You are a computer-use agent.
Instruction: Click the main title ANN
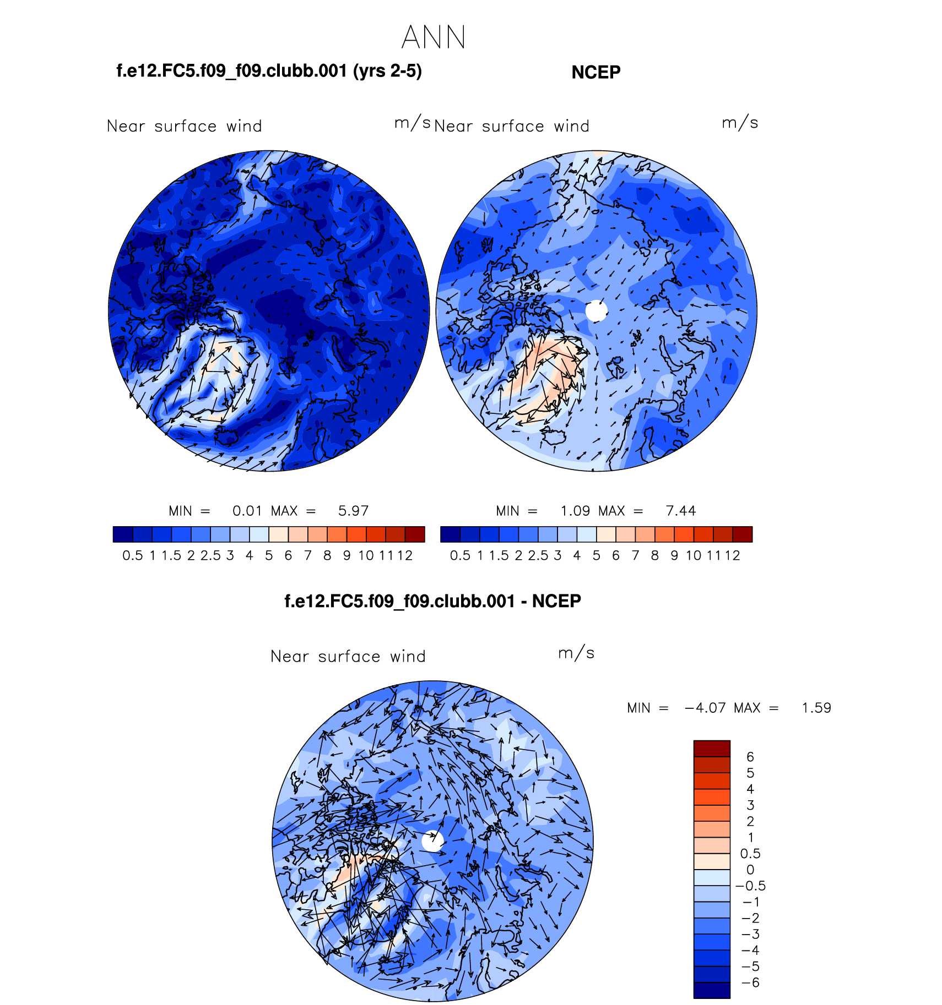coord(434,37)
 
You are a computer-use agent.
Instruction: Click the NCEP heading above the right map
coord(595,72)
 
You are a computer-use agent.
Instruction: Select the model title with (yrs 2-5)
coord(269,71)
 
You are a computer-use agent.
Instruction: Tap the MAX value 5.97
coord(353,511)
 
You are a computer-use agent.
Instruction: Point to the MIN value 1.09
coord(575,511)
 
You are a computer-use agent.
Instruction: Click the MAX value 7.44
coord(681,511)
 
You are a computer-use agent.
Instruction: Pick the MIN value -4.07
coord(705,708)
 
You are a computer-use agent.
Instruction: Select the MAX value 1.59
coord(816,708)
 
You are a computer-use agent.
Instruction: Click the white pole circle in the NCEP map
coord(596,311)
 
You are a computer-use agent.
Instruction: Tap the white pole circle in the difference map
coord(432,841)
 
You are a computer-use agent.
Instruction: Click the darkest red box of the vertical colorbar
coord(712,749)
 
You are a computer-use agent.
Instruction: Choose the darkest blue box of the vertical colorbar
coord(712,990)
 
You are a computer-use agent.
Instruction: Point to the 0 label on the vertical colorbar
coord(750,870)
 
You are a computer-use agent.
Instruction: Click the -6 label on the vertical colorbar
coord(750,982)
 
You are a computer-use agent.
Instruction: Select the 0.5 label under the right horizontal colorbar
coord(460,555)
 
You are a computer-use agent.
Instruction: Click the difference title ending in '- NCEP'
coord(432,601)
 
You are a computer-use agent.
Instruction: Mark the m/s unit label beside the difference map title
coord(576,653)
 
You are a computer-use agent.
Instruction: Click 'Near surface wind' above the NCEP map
coord(512,127)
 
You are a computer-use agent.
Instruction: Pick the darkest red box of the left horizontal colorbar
coord(415,534)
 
